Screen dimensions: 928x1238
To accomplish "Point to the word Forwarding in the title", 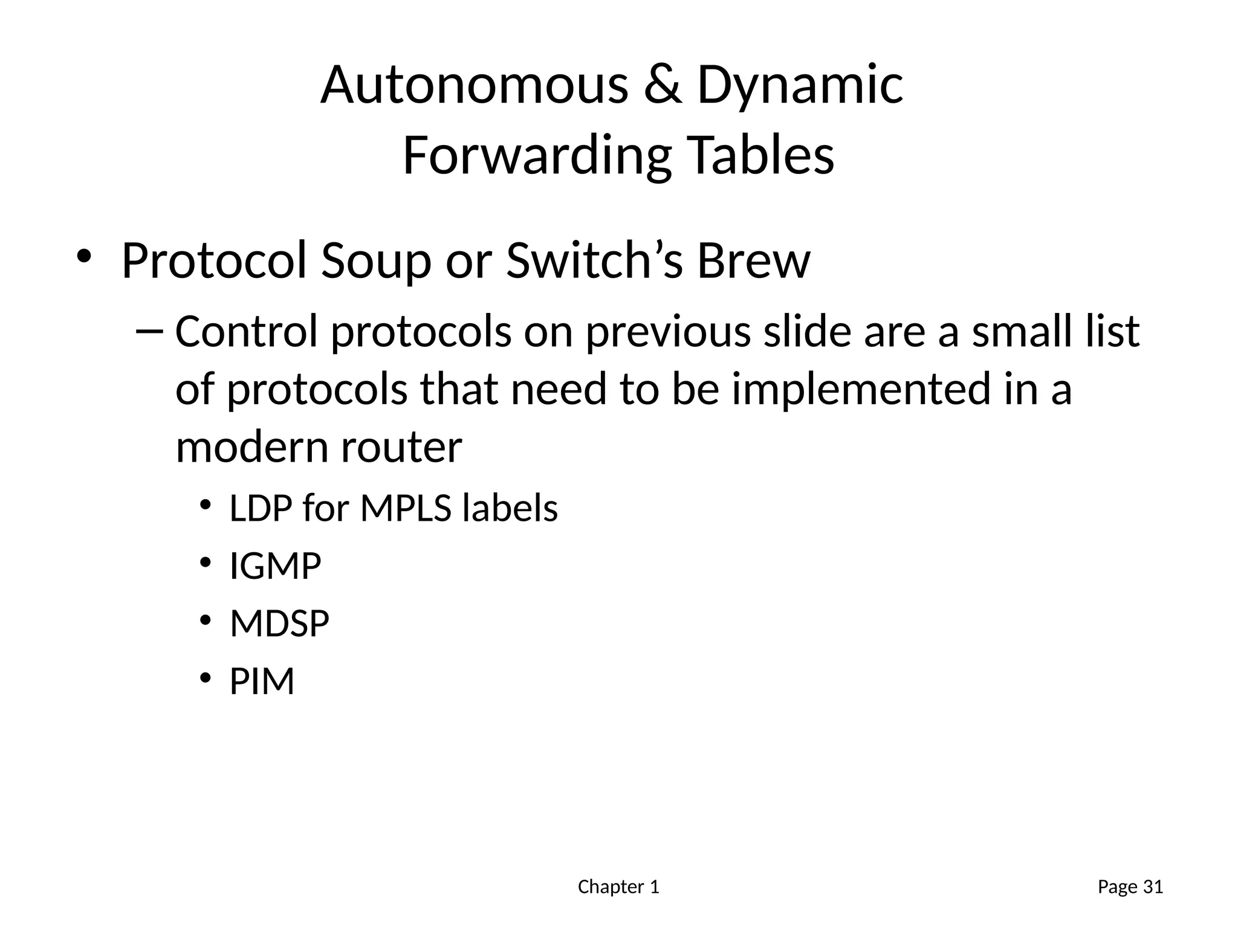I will [x=537, y=156].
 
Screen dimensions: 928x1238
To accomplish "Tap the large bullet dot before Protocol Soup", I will [x=83, y=256].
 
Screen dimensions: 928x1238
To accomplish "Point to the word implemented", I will [x=861, y=389].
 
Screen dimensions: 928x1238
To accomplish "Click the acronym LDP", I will [x=261, y=508].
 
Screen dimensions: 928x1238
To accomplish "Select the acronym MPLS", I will [x=406, y=508].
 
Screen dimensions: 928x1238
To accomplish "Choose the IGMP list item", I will [x=275, y=566].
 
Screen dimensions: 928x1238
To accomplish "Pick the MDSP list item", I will [x=279, y=623].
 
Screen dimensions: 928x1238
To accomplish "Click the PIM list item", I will [x=262, y=681].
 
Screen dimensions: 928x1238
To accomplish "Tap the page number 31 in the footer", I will [x=1153, y=887].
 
